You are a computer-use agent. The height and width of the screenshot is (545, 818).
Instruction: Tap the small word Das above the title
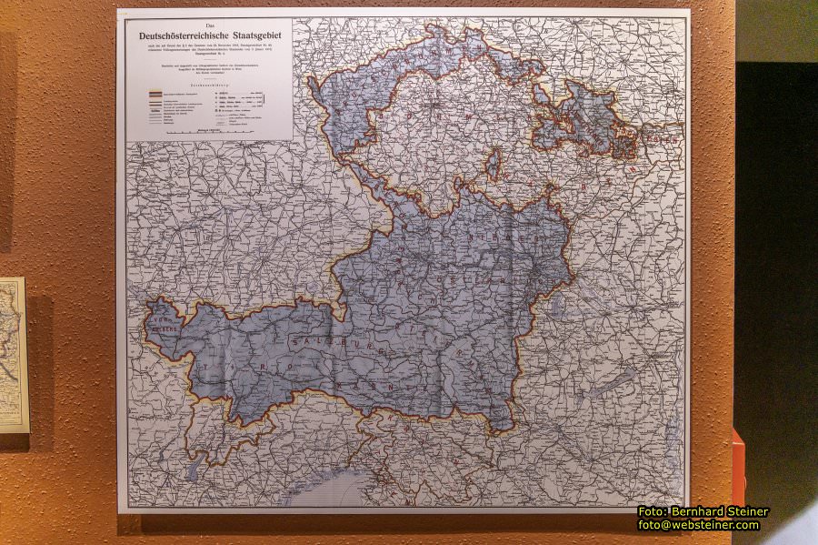tap(210, 25)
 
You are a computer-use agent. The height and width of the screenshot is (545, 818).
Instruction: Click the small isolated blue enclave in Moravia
tap(493, 167)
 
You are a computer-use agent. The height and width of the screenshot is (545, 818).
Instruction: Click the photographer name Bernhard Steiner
tap(723, 511)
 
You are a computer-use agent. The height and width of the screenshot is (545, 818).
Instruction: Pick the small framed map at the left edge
tap(13, 354)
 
